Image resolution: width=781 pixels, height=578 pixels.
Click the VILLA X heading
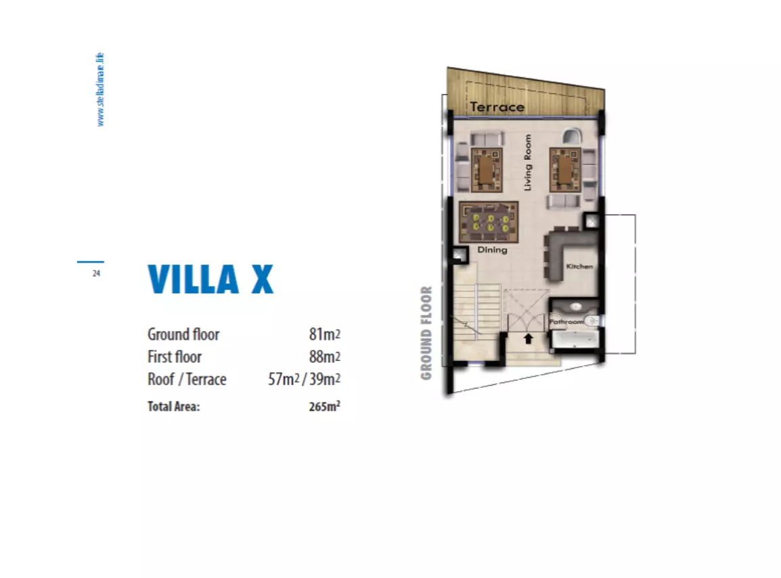[210, 279]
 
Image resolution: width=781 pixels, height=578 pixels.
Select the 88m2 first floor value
[324, 357]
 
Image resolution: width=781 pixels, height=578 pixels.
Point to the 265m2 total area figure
[323, 407]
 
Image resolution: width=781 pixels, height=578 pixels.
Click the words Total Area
[174, 407]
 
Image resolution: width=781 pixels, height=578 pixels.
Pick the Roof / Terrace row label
[187, 379]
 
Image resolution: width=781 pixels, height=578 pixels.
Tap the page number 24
[96, 273]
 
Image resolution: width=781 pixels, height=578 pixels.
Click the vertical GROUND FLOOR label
[426, 333]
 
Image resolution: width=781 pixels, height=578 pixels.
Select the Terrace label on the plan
[497, 107]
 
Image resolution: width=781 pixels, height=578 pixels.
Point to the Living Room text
[528, 162]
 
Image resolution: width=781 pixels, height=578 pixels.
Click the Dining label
[492, 250]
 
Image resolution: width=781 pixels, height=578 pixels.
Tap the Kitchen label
[579, 266]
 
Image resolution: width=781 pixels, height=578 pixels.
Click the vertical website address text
[100, 89]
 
